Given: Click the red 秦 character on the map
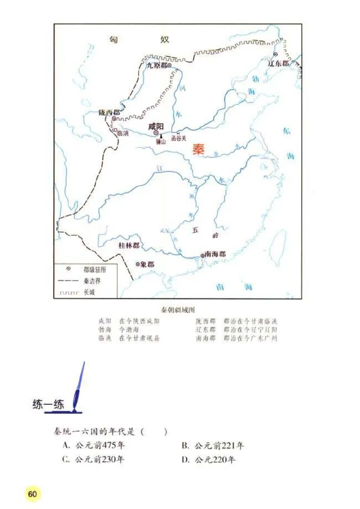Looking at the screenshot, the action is point(198,150).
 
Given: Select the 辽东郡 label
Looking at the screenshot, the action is point(279,63).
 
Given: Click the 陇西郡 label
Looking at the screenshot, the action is point(109,112).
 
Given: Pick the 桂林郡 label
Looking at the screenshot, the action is point(129,246).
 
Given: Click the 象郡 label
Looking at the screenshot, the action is point(147,264).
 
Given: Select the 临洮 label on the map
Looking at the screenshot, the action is point(123,133).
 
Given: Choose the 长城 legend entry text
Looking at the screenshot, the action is point(90,292).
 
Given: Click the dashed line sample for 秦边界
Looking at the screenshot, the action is point(67,281).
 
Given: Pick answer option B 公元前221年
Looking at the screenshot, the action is point(213,446).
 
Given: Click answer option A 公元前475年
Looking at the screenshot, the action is point(94,446).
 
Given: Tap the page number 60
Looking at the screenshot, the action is point(32,494).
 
